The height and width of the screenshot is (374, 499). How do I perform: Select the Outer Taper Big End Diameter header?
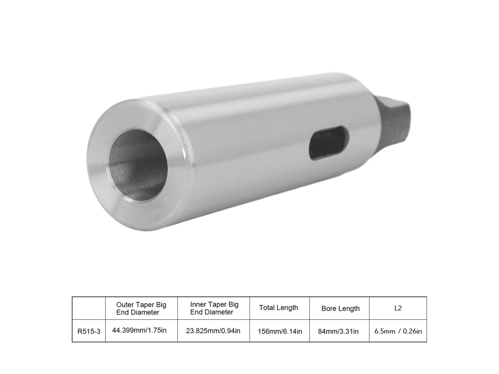(x=141, y=308)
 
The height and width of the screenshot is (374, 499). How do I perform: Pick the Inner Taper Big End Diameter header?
(x=214, y=308)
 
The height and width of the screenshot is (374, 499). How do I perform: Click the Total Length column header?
(x=278, y=308)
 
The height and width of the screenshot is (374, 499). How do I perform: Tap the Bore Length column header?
(x=340, y=308)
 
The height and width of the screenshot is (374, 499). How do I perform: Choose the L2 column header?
(x=398, y=308)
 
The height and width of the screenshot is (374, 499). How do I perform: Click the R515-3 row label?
(x=89, y=332)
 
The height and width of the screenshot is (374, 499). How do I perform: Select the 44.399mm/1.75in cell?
(x=139, y=330)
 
